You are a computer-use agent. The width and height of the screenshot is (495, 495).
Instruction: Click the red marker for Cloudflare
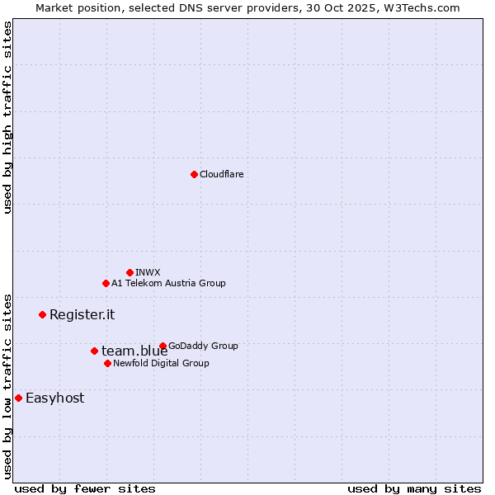194,174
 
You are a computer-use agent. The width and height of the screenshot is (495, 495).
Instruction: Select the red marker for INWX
130,272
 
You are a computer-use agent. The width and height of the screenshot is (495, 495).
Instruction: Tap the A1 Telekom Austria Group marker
106,283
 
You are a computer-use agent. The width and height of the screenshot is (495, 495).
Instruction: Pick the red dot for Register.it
42,314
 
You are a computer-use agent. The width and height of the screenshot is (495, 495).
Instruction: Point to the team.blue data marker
94,351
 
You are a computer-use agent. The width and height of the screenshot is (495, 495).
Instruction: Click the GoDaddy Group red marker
163,346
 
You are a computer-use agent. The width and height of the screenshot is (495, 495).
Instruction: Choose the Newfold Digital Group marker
107,363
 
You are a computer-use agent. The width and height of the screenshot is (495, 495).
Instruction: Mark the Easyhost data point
18,398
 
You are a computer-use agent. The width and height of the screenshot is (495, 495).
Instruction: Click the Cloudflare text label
222,174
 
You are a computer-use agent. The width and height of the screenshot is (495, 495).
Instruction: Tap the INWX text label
148,272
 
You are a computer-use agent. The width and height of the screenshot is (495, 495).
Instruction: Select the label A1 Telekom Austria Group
168,283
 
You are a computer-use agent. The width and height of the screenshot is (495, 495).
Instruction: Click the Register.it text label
82,314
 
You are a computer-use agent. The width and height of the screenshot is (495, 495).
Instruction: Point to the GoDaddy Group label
203,346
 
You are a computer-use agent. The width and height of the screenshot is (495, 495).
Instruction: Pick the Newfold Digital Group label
161,363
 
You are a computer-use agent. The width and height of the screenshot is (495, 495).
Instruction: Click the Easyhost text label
54,398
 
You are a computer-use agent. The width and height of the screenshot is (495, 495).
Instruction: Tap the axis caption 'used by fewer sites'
85,488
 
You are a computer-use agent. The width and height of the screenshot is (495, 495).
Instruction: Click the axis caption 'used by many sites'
414,488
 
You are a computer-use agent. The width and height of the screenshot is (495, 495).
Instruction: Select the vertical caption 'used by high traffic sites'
7,117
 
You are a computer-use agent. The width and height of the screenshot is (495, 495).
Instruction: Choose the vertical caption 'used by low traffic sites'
7,385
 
